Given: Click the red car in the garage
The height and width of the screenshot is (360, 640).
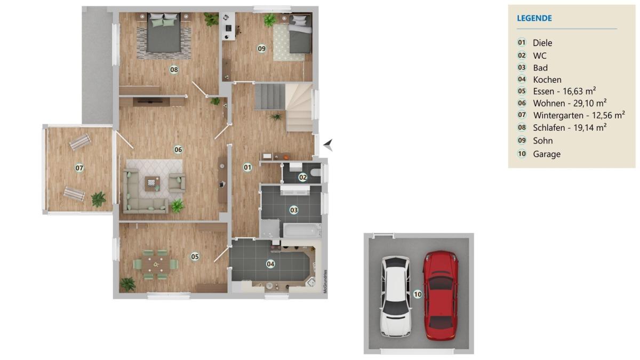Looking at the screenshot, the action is point(441,295).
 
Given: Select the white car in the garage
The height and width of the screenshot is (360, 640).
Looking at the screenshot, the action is point(396,297).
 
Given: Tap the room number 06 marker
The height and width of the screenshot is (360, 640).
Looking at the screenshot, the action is point(178,149).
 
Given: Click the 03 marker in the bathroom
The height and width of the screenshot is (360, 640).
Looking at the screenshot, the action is point(294,210).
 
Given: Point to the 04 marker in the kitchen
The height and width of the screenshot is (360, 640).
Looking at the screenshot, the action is point(270,264).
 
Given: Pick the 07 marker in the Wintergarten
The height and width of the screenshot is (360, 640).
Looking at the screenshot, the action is point(79,167).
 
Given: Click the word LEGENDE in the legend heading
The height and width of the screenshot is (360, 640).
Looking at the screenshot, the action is point(534,18).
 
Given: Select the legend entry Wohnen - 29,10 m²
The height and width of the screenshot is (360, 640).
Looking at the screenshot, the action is point(570,103).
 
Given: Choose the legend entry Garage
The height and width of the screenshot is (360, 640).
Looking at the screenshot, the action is point(547,154).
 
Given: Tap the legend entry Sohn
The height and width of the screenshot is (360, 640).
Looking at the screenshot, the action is point(543,141).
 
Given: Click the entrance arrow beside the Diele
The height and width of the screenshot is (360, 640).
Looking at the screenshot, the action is point(328,145).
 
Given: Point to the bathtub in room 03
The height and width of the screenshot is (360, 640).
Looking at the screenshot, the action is point(301,230).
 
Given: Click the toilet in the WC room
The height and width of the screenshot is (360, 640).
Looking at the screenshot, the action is point(316,172).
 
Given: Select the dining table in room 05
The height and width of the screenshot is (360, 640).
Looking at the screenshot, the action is point(156,265).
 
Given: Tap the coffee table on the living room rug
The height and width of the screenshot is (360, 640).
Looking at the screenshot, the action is point(152,183).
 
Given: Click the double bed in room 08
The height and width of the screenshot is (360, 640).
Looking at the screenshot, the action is point(164,33).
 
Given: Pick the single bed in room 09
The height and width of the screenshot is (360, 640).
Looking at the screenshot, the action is point(300,34).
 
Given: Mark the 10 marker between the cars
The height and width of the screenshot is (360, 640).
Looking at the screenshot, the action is point(418,294).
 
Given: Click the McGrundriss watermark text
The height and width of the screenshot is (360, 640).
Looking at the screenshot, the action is point(325,282).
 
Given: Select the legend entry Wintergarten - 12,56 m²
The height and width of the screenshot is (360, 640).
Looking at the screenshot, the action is point(579,115).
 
